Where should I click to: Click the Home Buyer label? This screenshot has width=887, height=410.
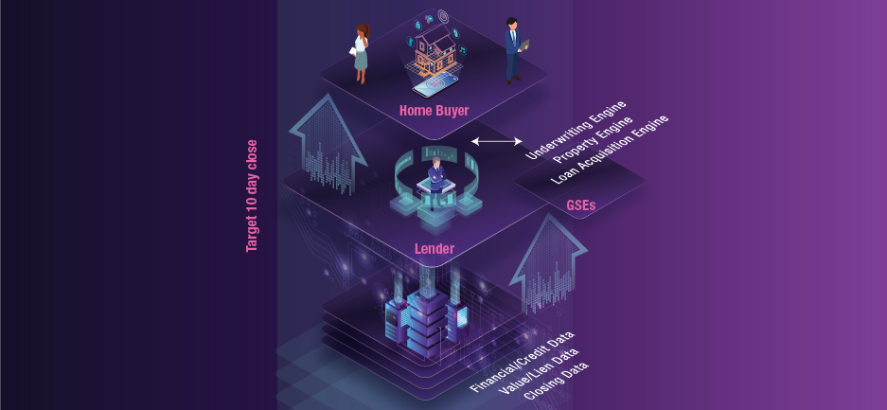434,111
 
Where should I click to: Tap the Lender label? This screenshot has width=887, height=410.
435,249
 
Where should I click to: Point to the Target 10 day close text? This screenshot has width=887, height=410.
252,196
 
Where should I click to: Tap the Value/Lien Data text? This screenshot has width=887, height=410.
539,370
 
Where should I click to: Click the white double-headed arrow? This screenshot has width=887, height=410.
496,141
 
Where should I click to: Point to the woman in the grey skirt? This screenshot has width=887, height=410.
360,52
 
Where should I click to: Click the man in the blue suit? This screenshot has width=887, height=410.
513,49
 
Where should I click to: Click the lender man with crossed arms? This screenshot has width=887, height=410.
435,180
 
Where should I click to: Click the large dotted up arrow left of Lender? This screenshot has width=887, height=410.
327,142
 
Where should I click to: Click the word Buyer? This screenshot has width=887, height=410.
452,111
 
